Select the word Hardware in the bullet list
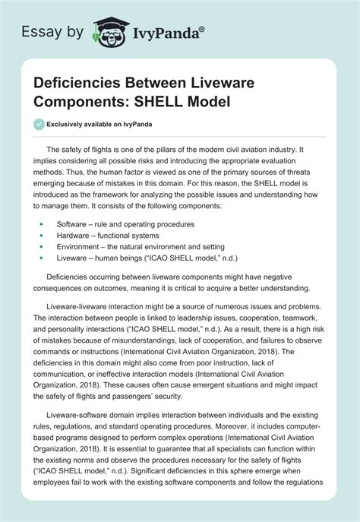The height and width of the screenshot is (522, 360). click(72, 235)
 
